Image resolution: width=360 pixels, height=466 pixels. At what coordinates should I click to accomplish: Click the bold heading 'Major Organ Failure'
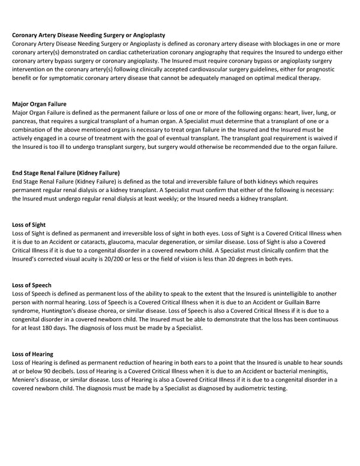tap(39, 104)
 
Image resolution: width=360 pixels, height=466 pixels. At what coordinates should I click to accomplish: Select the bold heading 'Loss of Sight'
tap(29, 225)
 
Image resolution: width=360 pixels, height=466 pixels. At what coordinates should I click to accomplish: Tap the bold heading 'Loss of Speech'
tap(32, 285)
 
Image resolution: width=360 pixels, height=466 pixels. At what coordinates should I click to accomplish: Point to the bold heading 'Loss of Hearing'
tap(32, 354)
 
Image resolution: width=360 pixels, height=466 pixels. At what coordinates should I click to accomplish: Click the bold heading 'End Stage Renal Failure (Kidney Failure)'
tap(66, 173)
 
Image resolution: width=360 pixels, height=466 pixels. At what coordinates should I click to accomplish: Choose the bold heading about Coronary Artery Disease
tap(88, 35)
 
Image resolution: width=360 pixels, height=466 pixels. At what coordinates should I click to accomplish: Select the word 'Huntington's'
tap(64, 311)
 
